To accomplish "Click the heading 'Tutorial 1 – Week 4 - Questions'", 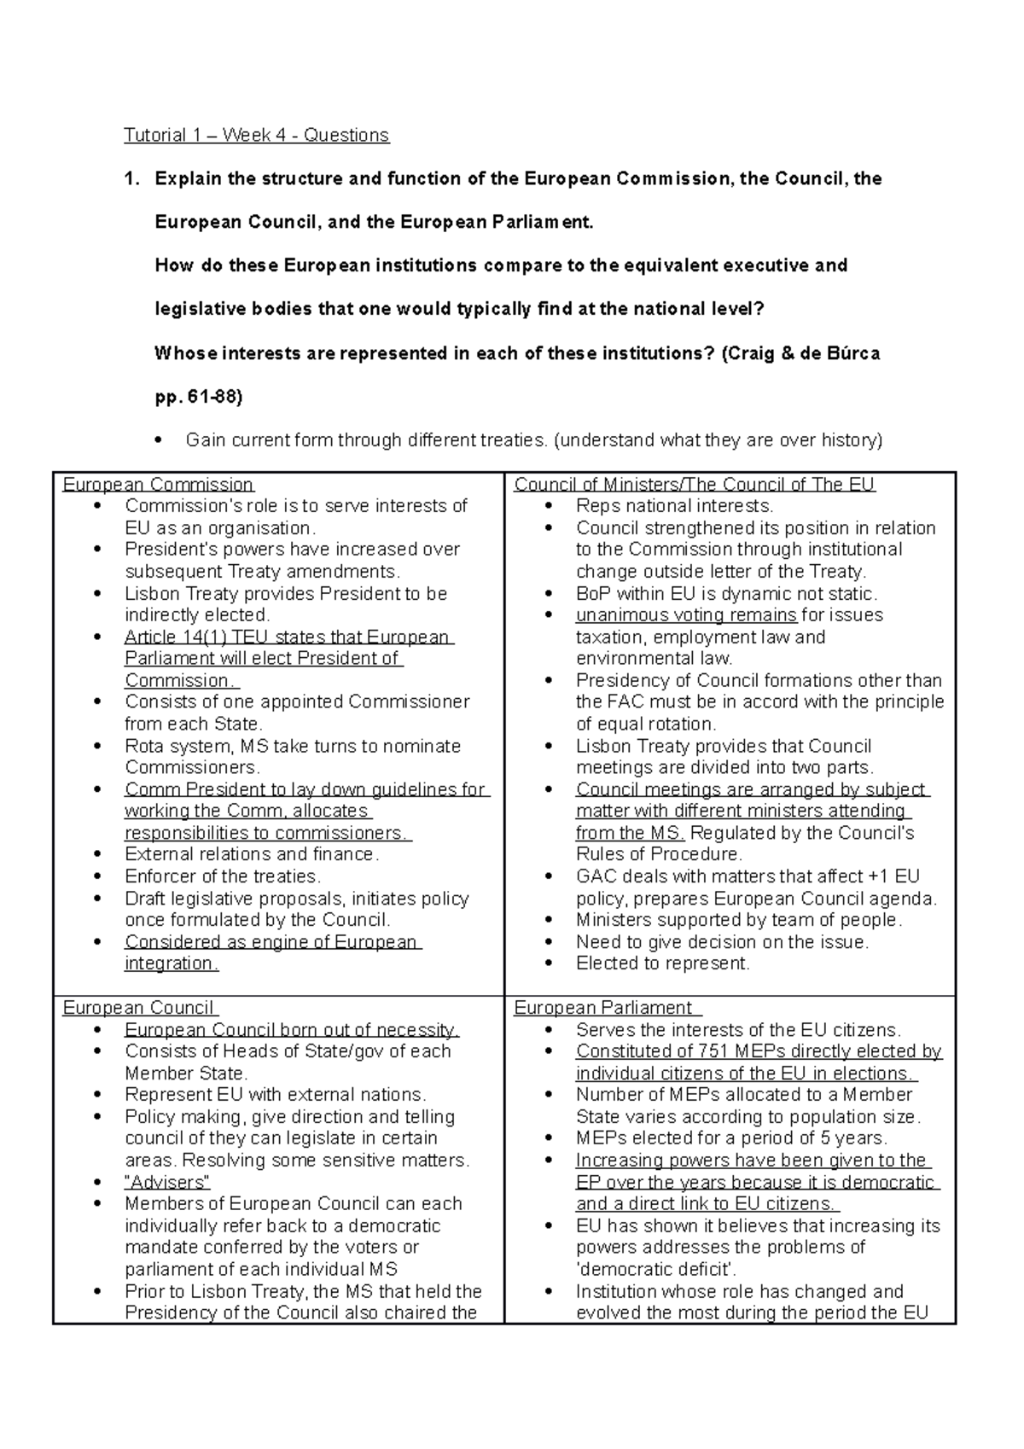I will (256, 135).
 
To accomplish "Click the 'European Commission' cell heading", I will (158, 485).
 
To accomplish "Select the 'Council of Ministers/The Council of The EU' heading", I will (694, 485).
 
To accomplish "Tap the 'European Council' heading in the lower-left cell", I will (138, 1008).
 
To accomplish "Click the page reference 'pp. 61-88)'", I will (199, 397).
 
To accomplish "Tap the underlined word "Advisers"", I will (167, 1182).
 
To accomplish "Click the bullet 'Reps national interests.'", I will (674, 506).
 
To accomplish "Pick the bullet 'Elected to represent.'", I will (663, 963).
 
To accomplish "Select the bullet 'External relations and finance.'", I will (252, 854).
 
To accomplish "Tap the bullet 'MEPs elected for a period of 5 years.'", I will (731, 1138).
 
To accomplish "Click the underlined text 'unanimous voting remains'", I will (686, 615).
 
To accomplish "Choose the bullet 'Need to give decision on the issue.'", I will (722, 942).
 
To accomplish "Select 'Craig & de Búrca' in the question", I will (800, 353).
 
